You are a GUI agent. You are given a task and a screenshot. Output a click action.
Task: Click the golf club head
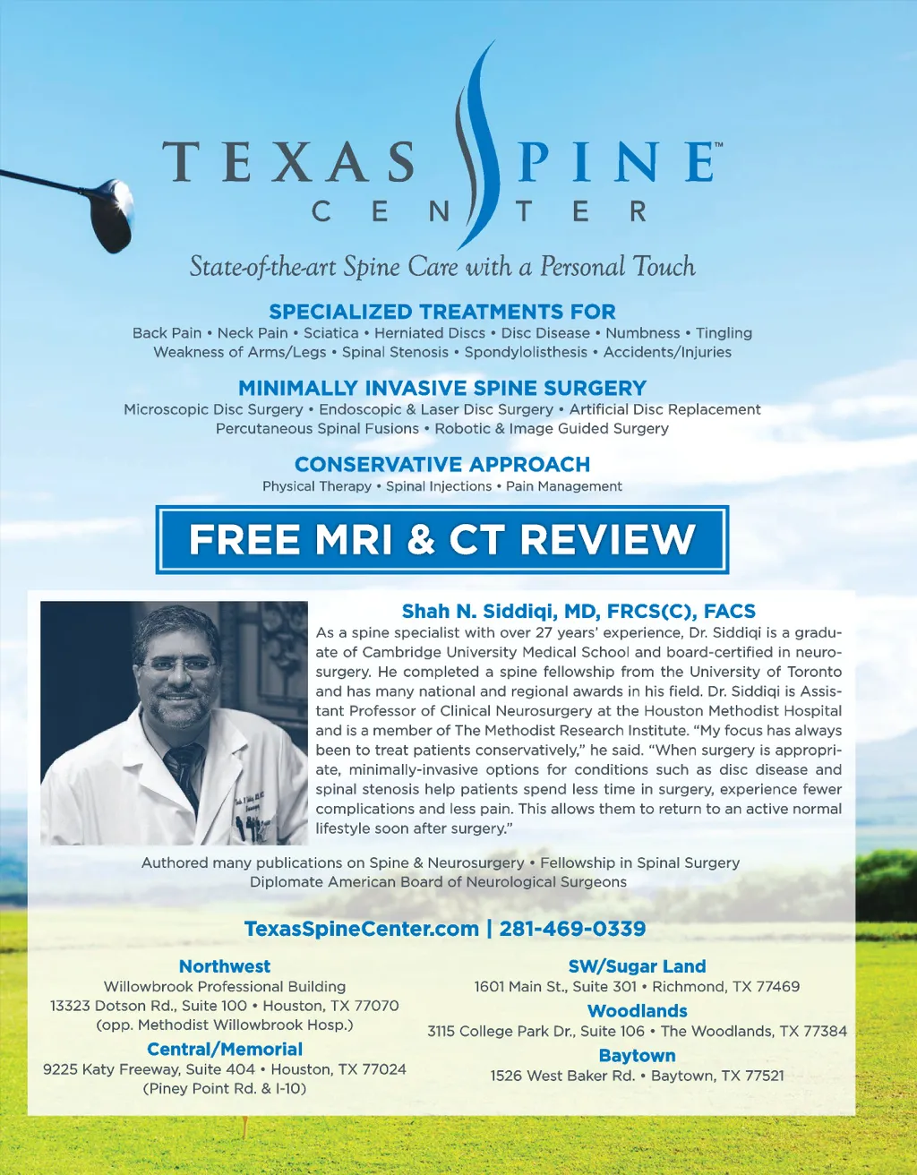[110, 215]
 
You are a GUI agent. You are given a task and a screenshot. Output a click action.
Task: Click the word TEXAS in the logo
[288, 162]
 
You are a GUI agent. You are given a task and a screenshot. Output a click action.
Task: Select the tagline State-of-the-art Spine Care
[441, 267]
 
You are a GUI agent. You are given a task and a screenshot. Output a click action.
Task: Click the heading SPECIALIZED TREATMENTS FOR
[441, 312]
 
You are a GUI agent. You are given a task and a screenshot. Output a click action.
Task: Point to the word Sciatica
[330, 333]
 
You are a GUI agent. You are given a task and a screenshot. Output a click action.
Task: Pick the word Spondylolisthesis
[526, 353]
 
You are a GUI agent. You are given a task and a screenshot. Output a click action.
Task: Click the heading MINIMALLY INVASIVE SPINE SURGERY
[441, 388]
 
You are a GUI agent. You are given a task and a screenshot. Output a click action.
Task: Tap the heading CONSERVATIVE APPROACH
[441, 465]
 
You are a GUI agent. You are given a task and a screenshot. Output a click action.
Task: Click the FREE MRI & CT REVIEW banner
[441, 540]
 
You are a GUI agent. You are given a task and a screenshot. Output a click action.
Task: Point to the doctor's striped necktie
[185, 770]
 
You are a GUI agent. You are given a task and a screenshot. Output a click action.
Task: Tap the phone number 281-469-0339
[572, 929]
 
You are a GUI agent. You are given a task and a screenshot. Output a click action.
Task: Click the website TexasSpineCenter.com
[361, 929]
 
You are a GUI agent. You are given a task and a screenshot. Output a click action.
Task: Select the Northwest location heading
[224, 966]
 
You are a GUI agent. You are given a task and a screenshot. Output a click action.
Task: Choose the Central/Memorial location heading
[224, 1050]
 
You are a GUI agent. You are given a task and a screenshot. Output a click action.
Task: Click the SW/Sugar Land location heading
[637, 966]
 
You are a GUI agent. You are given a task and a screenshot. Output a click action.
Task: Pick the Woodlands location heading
[637, 1011]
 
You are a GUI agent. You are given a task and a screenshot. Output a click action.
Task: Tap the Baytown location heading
[637, 1056]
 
